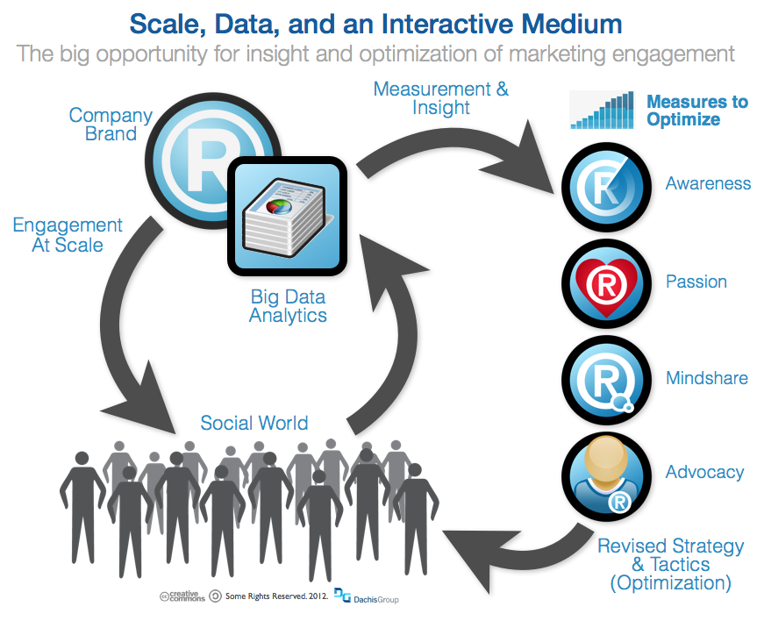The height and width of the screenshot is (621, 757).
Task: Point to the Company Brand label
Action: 111,125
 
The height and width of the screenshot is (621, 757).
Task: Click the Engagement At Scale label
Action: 68,235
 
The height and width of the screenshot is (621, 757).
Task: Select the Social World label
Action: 254,423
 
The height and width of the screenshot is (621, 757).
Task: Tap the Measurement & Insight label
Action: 440,98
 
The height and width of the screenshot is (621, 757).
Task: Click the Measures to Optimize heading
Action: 696,111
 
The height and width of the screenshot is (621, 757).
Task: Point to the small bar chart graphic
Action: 602,111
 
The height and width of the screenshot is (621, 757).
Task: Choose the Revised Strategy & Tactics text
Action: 670,564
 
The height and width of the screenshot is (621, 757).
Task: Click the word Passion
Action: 696,282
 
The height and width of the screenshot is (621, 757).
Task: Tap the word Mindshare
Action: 706,378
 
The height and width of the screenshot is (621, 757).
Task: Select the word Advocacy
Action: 704,473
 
